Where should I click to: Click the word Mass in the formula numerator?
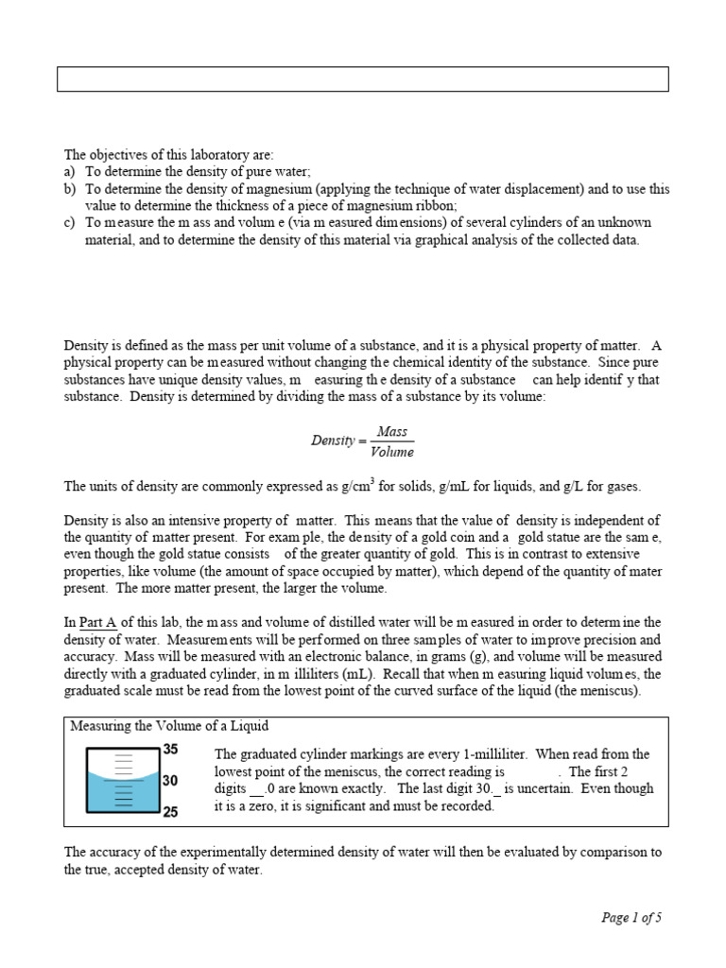(x=392, y=432)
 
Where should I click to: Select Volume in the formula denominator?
(x=392, y=452)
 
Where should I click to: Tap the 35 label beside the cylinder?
(x=171, y=750)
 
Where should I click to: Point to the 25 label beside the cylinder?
(x=171, y=812)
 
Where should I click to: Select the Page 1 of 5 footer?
(x=632, y=917)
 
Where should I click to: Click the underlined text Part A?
(x=97, y=621)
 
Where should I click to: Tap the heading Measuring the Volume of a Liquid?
(x=169, y=726)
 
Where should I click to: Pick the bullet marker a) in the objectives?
(x=70, y=172)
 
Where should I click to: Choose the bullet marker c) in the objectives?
(x=70, y=222)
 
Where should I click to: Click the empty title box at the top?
(x=362, y=79)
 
